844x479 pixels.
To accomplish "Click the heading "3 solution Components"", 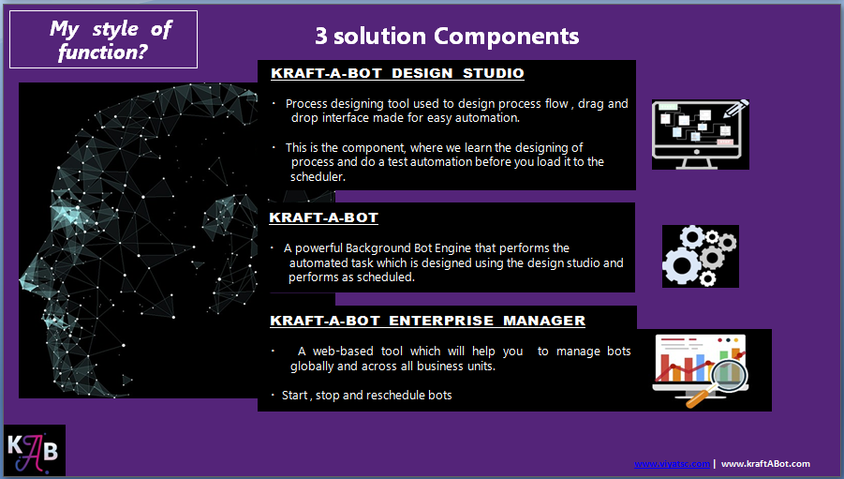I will (446, 37).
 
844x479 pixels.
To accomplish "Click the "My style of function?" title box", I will (103, 40).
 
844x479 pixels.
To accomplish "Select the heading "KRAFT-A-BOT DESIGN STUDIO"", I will (397, 73).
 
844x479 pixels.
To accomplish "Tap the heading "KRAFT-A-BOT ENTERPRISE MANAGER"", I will (427, 321).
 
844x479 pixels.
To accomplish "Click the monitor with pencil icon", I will (701, 134).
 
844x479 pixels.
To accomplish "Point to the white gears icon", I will (700, 256).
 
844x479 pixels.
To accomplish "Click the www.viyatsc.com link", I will (672, 464).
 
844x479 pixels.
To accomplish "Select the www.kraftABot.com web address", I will (765, 464).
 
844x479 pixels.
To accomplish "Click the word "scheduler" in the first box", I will (318, 176).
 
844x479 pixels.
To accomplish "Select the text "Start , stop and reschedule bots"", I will (367, 396).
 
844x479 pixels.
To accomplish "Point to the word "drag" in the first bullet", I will (592, 104).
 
